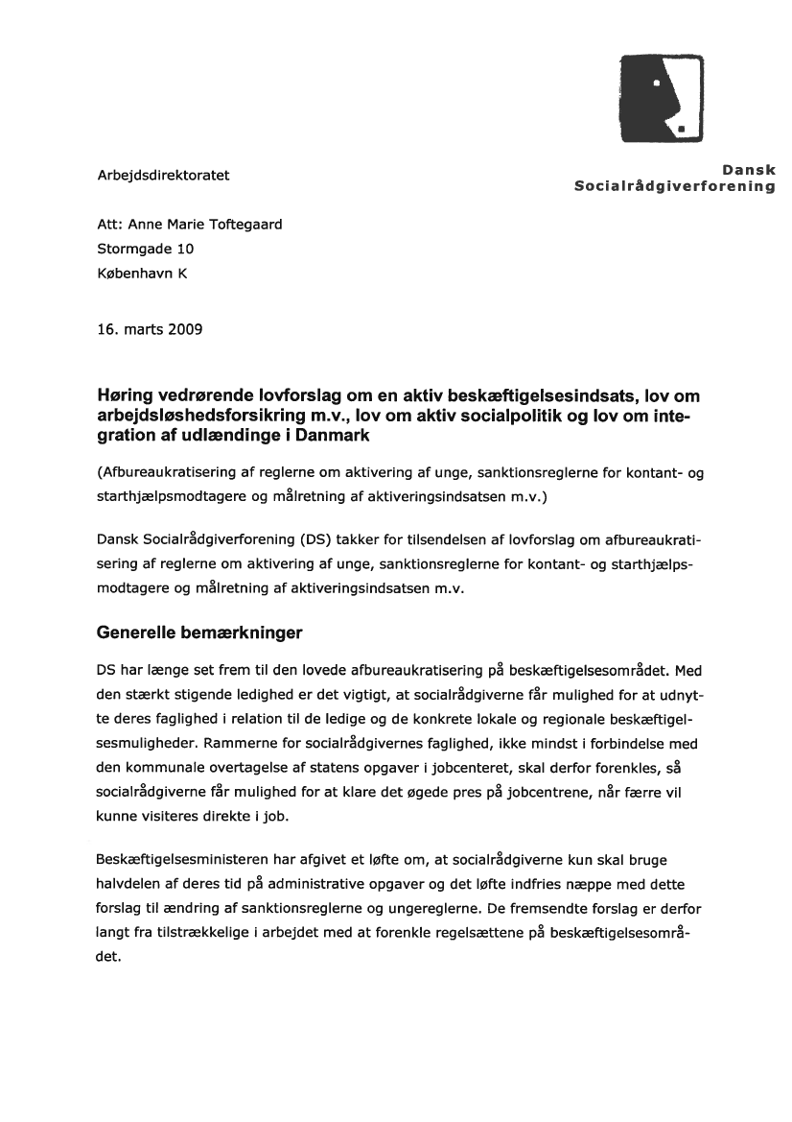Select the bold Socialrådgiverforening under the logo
pos(674,186)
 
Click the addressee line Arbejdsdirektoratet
pos(163,176)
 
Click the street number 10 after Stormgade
pos(185,249)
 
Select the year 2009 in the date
pos(184,329)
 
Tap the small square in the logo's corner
pos(680,128)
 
